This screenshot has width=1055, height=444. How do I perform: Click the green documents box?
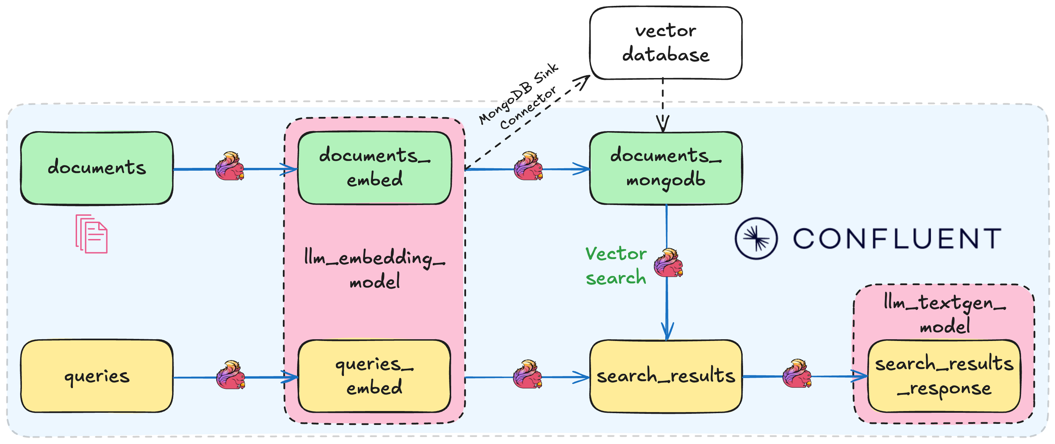click(97, 168)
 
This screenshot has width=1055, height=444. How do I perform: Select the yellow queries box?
click(97, 376)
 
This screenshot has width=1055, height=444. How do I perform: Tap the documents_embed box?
click(374, 168)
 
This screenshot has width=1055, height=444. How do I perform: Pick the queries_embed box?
click(374, 376)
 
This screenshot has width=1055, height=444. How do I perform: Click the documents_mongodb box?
click(666, 168)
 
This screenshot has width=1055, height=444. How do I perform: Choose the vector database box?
click(666, 43)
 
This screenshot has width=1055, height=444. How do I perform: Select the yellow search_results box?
click(666, 376)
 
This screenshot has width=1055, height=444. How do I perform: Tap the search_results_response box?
click(944, 376)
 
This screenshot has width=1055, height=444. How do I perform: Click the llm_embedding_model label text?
click(374, 269)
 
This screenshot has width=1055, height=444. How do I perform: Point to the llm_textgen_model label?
click(944, 314)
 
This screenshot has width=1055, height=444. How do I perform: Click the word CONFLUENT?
click(897, 239)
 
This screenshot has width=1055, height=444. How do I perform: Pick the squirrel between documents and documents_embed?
click(230, 166)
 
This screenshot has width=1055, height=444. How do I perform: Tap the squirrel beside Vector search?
click(668, 263)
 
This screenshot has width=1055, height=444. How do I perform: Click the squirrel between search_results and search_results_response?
click(796, 374)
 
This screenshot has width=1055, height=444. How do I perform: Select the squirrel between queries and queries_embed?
click(230, 375)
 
